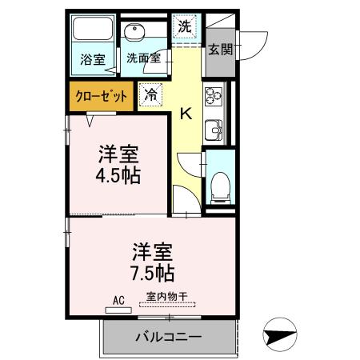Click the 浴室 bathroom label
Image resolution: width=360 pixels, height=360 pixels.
[x=93, y=58]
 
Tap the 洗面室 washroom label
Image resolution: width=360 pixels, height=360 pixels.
[x=144, y=58]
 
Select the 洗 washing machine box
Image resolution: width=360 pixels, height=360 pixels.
[x=185, y=26]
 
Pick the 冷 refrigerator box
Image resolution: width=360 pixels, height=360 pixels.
[x=150, y=94]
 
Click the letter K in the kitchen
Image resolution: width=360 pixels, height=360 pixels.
[x=185, y=114]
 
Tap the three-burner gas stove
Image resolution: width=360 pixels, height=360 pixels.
[x=214, y=95]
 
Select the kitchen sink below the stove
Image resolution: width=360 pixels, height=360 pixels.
[x=214, y=128]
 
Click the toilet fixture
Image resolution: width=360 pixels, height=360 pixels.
[x=218, y=184]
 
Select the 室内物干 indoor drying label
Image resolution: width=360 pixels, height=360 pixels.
[x=167, y=297]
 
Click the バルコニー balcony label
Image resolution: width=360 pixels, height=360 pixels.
[x=168, y=336]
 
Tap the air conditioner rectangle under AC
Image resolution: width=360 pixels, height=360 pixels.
[x=118, y=308]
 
